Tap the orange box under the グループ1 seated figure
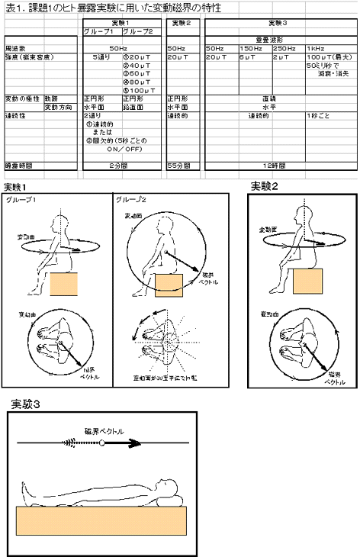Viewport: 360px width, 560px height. [64, 283]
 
